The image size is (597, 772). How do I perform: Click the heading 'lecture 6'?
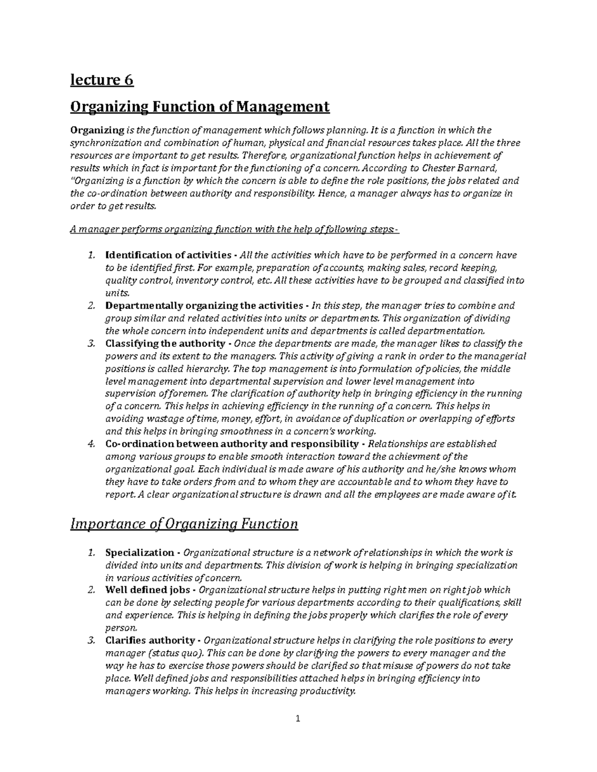(x=102, y=80)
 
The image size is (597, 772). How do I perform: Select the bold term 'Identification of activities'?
(x=168, y=256)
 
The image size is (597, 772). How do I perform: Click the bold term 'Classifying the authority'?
(x=165, y=343)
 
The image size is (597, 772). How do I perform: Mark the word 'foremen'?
(x=192, y=394)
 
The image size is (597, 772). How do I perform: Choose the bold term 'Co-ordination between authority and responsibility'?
(x=231, y=444)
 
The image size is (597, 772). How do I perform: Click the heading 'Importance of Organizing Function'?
(x=185, y=524)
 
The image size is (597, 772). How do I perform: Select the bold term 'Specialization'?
(x=139, y=553)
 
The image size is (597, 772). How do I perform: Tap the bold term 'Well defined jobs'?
(x=147, y=590)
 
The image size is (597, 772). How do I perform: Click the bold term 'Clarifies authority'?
(x=150, y=640)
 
